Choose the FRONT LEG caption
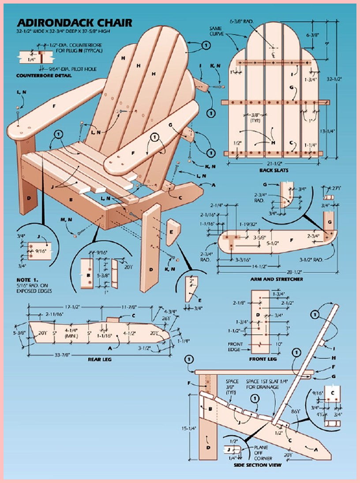pos(263,359)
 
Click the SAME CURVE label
pos(217,31)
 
